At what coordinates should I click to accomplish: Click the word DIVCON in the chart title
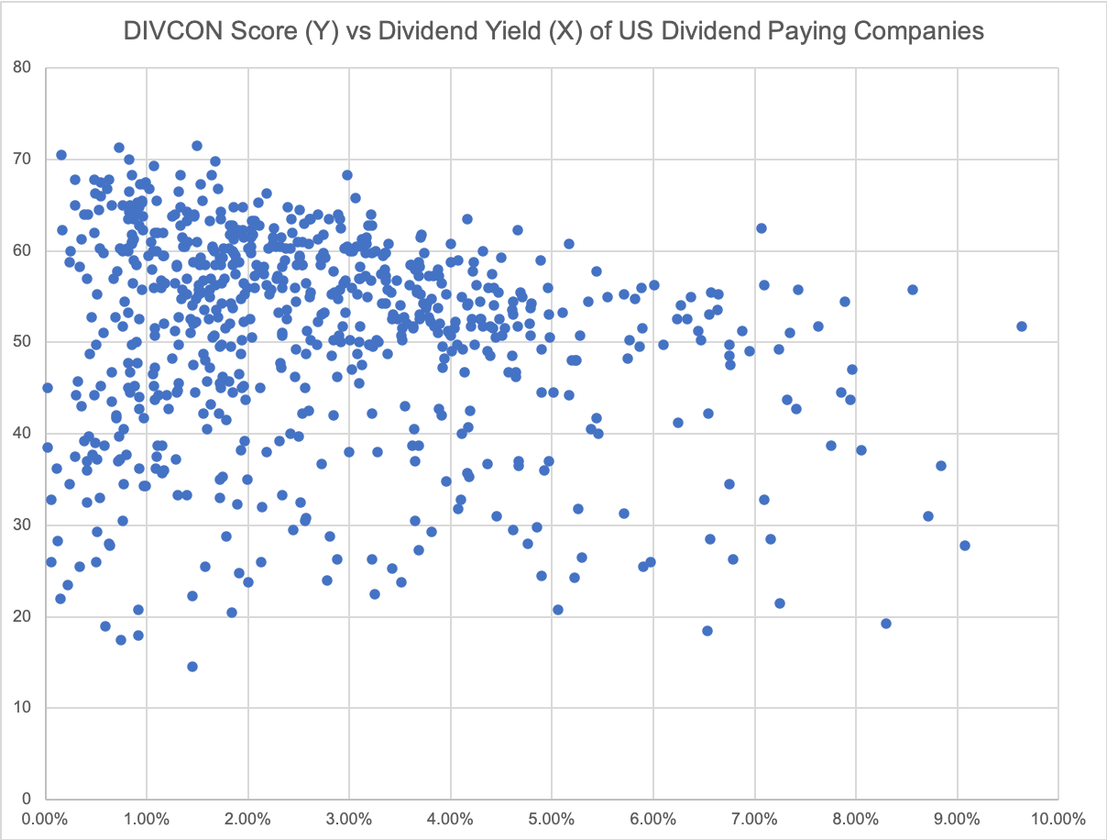tap(168, 31)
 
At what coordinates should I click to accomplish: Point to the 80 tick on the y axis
tap(22, 68)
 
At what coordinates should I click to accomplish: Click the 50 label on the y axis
tap(22, 342)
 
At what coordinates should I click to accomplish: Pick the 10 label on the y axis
tap(22, 707)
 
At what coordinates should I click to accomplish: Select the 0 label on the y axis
tap(27, 799)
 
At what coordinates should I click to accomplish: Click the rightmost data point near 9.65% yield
tap(1022, 326)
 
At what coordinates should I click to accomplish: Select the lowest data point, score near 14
tap(192, 667)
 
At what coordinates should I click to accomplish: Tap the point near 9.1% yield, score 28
tap(964, 546)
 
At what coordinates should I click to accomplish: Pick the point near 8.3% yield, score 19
tap(886, 624)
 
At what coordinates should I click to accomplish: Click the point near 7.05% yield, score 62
tap(761, 228)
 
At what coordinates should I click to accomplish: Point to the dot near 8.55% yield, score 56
tap(913, 290)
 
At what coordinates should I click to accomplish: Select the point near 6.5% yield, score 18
tap(707, 631)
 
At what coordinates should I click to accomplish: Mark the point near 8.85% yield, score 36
tap(941, 466)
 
